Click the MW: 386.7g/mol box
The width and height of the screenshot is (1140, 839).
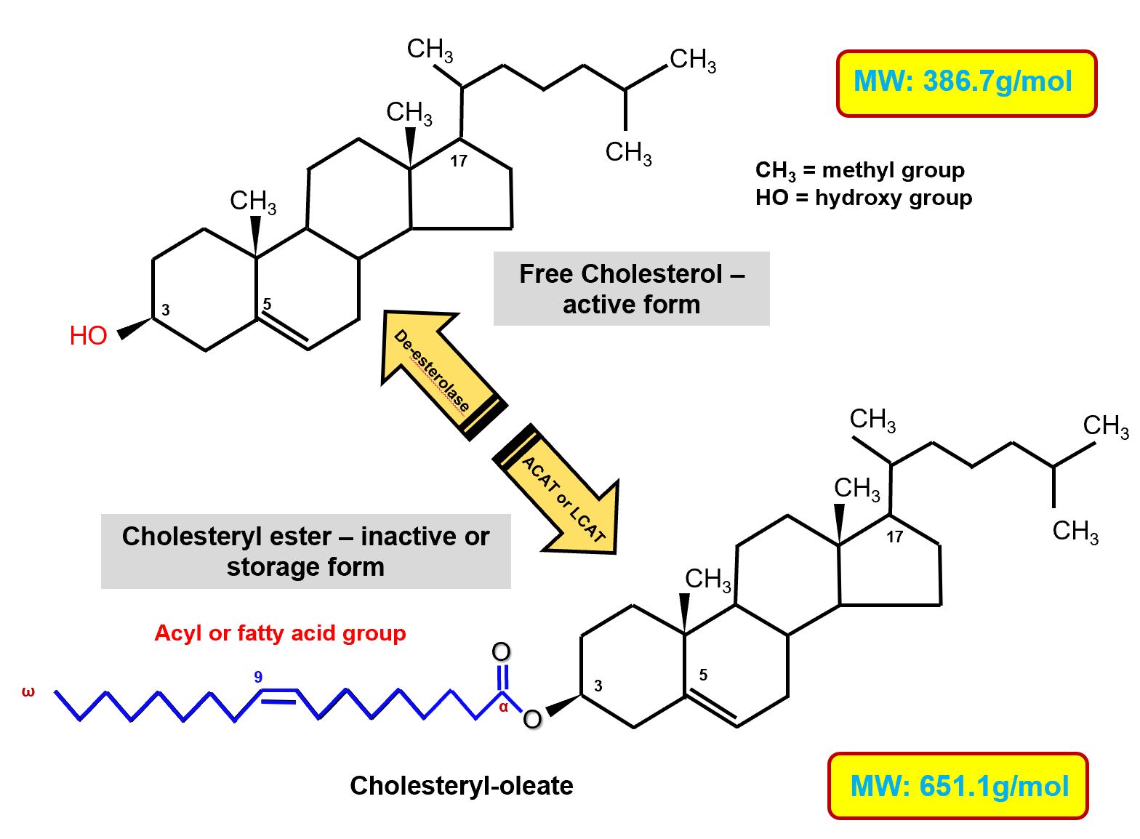coord(966,83)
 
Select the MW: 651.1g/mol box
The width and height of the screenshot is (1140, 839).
coord(958,786)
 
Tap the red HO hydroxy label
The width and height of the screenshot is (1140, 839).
coord(88,336)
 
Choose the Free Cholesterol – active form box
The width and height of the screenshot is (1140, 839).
coord(631,289)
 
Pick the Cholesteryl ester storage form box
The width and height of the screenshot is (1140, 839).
coord(305,551)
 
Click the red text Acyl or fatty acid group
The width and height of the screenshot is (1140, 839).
coord(280,633)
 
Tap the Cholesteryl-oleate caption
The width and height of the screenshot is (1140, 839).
coord(461,786)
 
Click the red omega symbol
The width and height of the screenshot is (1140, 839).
coord(28,691)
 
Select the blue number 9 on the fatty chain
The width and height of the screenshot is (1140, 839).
coord(258,677)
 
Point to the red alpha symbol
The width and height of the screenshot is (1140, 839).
coord(503,707)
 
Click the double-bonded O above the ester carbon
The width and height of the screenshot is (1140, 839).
coord(501,651)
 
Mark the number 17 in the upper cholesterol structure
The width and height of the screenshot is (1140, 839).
coord(458,161)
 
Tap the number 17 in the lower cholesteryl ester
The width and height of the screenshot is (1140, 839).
coord(894,537)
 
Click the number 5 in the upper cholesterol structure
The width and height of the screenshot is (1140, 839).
coord(267,304)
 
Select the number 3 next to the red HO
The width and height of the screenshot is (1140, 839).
coord(166,310)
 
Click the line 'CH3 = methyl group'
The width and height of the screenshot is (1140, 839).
coord(859,170)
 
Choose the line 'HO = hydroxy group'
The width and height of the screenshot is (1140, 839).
coord(863,198)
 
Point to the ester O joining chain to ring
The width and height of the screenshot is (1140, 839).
coord(532,719)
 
